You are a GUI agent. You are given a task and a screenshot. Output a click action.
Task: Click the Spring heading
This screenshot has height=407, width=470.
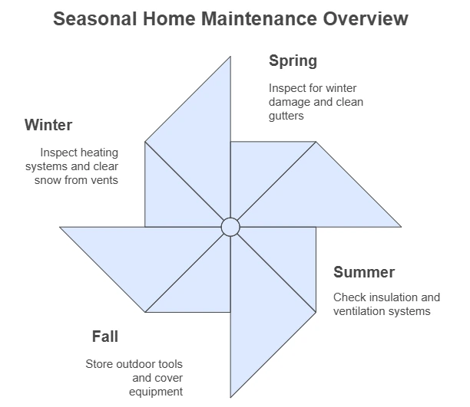click(x=293, y=61)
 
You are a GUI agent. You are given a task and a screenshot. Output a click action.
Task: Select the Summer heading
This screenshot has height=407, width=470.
click(x=364, y=272)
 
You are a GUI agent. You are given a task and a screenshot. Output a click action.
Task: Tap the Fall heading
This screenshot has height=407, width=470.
click(x=105, y=336)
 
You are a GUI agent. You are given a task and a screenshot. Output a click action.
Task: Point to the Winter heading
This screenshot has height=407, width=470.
click(x=48, y=125)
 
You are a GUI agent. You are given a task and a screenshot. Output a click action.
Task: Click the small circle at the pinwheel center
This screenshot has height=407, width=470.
click(x=230, y=227)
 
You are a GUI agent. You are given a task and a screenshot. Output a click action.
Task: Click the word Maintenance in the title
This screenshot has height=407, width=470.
click(x=259, y=18)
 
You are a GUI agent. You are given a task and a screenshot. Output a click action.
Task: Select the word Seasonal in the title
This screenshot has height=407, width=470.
click(x=95, y=18)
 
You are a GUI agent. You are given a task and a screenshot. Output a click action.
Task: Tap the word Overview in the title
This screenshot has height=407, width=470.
click(x=366, y=18)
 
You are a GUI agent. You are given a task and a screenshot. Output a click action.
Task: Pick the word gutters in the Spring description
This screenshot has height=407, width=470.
click(x=286, y=116)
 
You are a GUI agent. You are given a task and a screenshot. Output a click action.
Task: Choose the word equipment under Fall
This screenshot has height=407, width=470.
click(x=156, y=392)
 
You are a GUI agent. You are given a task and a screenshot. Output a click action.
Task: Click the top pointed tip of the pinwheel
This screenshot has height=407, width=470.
click(x=230, y=57)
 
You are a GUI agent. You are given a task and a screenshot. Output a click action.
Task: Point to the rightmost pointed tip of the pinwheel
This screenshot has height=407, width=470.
click(x=401, y=227)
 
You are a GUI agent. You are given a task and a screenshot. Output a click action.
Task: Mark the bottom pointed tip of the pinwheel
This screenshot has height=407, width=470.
click(x=230, y=398)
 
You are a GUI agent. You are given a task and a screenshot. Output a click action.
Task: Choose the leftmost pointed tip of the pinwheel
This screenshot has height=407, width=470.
click(x=60, y=227)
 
